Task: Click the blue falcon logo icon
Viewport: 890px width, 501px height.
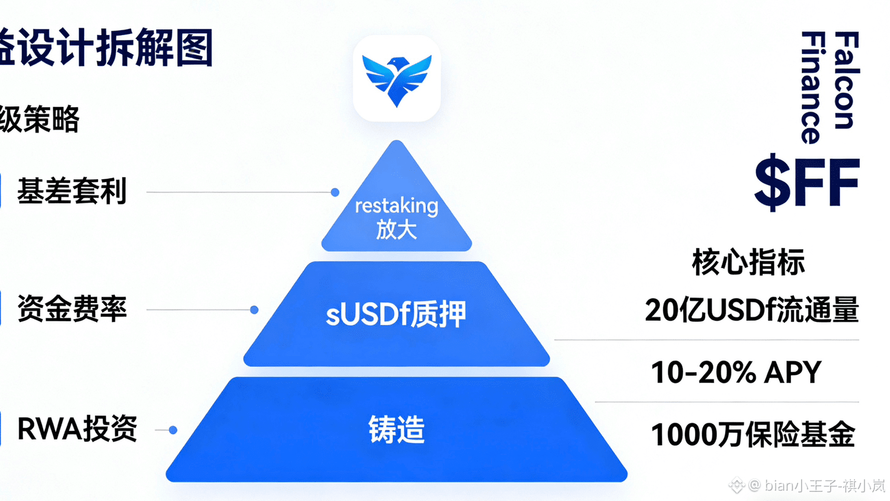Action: [397, 79]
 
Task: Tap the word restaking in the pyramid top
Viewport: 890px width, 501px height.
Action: [397, 206]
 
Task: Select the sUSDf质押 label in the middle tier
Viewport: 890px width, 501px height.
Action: [396, 314]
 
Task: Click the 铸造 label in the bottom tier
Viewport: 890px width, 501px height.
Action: [397, 430]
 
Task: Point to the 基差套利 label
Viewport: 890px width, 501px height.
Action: [72, 191]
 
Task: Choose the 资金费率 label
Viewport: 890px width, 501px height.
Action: [72, 309]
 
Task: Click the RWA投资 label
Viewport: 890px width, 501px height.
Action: [77, 429]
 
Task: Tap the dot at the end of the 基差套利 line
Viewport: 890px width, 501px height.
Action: [335, 192]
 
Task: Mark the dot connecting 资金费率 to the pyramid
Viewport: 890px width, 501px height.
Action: [255, 310]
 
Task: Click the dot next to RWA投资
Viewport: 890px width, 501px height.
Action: [173, 430]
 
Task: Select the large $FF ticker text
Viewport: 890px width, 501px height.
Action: [807, 182]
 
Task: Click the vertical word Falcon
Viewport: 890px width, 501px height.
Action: [846, 80]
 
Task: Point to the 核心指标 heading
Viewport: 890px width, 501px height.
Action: [749, 263]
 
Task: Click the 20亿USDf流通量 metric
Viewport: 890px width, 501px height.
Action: [752, 310]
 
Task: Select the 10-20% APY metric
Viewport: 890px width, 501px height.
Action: [736, 372]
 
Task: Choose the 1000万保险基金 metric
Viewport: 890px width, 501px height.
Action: [753, 434]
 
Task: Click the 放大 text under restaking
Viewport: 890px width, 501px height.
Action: [397, 230]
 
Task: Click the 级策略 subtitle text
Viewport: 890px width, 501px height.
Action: [40, 119]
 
